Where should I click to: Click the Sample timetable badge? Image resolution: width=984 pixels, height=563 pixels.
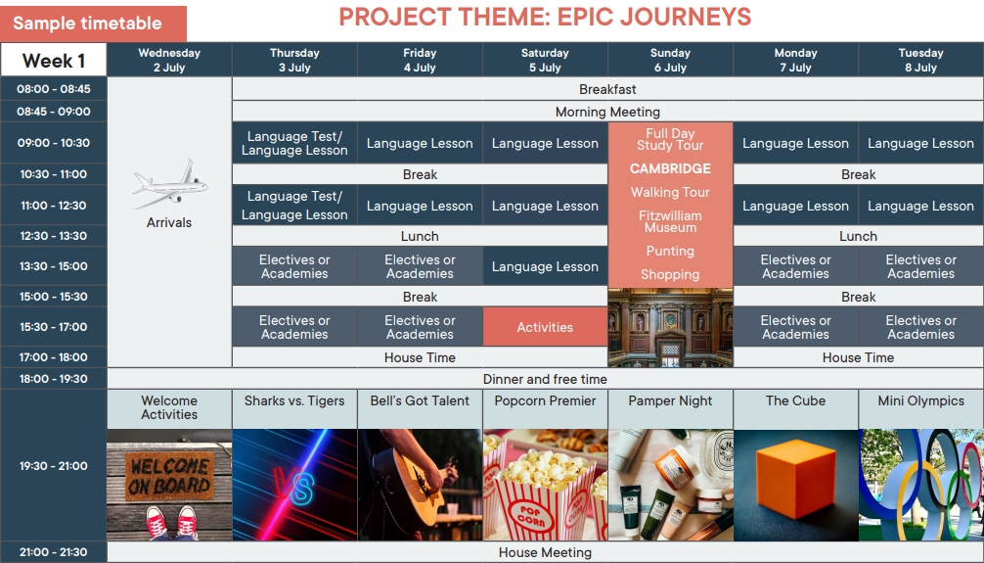pyautogui.click(x=93, y=23)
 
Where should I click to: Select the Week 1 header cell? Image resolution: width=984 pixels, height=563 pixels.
pyautogui.click(x=54, y=61)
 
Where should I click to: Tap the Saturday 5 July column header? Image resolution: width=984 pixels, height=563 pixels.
pyautogui.click(x=545, y=60)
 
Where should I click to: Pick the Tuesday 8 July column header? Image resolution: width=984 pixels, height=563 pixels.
pyautogui.click(x=920, y=60)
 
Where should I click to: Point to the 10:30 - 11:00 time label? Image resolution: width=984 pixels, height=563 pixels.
pyautogui.click(x=54, y=174)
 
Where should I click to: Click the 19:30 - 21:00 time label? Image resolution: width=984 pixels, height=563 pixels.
pyautogui.click(x=54, y=466)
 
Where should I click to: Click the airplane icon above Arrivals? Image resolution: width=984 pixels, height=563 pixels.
pyautogui.click(x=170, y=183)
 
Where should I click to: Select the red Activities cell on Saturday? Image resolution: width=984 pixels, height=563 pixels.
pyautogui.click(x=545, y=327)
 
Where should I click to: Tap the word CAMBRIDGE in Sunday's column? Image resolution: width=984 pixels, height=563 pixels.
pyautogui.click(x=670, y=168)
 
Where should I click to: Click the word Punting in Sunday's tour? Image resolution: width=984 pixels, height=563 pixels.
pyautogui.click(x=670, y=252)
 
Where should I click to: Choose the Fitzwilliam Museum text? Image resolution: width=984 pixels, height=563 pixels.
pyautogui.click(x=670, y=221)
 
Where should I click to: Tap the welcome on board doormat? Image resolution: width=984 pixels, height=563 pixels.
pyautogui.click(x=169, y=476)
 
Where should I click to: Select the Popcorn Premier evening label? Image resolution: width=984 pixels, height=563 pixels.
pyautogui.click(x=545, y=400)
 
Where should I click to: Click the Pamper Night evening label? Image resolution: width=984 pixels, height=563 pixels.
pyautogui.click(x=670, y=400)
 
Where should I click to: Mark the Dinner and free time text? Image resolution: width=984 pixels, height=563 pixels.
pyautogui.click(x=545, y=379)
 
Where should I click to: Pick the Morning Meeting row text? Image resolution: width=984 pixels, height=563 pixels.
pyautogui.click(x=607, y=112)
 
